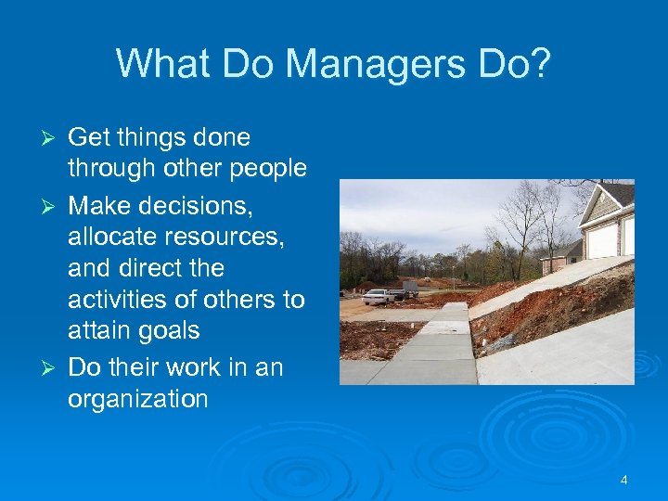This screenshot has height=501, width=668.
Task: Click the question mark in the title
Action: [540, 64]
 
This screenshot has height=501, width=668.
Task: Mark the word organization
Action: [137, 399]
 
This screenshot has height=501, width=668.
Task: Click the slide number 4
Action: [623, 480]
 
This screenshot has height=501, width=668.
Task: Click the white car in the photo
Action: [377, 297]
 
